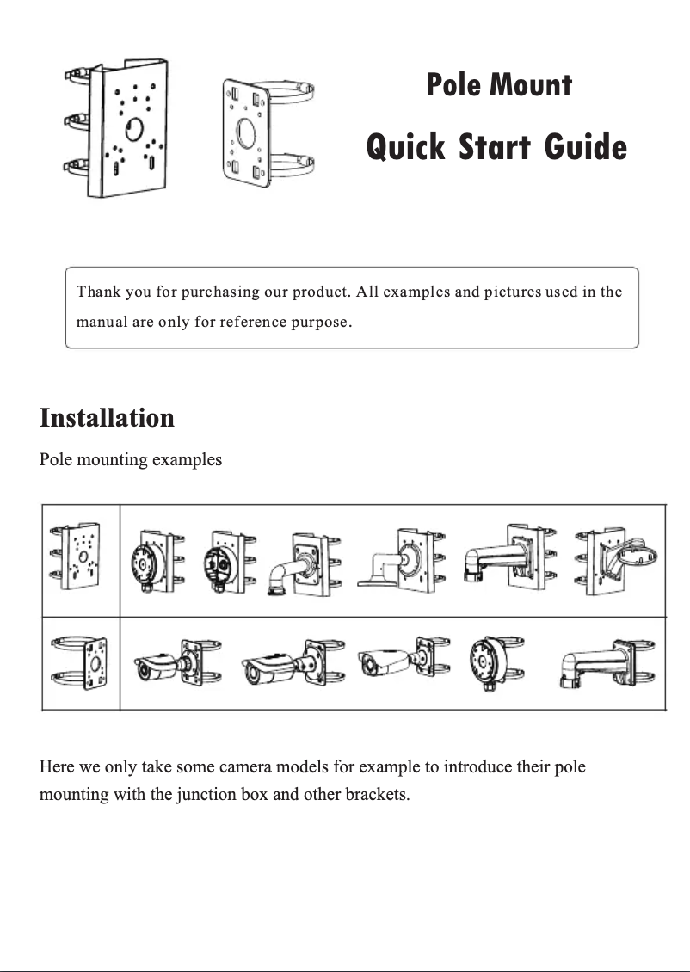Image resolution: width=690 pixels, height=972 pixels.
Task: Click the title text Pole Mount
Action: (x=499, y=85)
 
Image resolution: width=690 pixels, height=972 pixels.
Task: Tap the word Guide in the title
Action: (x=585, y=147)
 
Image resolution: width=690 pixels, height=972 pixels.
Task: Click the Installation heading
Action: (x=107, y=418)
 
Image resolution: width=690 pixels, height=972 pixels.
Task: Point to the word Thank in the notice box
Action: (x=98, y=292)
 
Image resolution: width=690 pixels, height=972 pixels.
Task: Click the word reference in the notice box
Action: (x=250, y=323)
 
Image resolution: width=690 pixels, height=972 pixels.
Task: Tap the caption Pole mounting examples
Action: (x=131, y=459)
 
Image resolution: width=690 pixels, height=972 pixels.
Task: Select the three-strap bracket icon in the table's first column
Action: (x=79, y=557)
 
